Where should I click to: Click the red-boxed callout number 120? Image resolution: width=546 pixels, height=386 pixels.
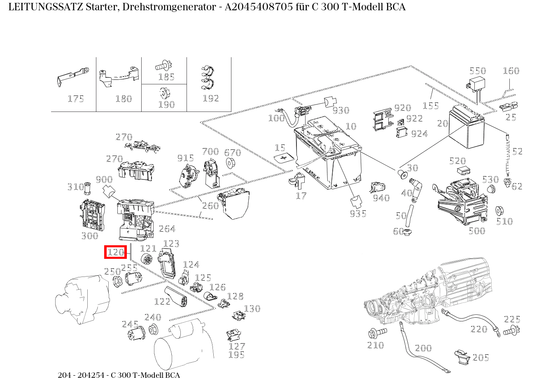pyautogui.click(x=115, y=252)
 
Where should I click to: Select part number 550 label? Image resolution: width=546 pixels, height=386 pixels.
pyautogui.click(x=478, y=71)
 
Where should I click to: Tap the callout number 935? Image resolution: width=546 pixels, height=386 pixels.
pyautogui.click(x=358, y=214)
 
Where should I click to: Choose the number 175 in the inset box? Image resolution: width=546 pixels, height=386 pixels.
pyautogui.click(x=76, y=99)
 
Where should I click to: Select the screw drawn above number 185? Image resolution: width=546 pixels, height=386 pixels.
pyautogui.click(x=164, y=65)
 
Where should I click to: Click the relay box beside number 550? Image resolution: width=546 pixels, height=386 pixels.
pyautogui.click(x=477, y=84)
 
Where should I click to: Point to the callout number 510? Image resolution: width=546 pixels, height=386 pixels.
pyautogui.click(x=504, y=221)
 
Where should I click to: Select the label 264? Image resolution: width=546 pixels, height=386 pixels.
pyautogui.click(x=167, y=229)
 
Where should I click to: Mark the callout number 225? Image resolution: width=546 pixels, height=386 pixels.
pyautogui.click(x=512, y=319)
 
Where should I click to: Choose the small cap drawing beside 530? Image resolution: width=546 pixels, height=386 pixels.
pyautogui.click(x=490, y=189)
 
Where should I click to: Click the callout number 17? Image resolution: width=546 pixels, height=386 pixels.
pyautogui.click(x=301, y=196)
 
